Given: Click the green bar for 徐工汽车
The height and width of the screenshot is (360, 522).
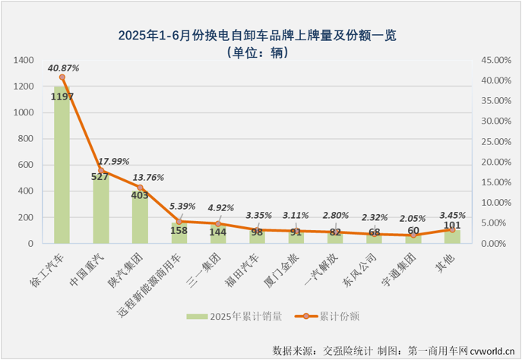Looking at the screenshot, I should pos(62,167).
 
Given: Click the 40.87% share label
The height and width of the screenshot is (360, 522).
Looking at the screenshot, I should pos(63,68).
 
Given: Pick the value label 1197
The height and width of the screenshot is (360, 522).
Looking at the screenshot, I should pos(62,96).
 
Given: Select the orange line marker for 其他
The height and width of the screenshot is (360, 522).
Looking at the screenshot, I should pos(452,229).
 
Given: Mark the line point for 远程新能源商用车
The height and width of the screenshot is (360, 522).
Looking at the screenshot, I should pos(179,222).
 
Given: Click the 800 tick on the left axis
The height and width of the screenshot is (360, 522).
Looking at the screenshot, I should pos(28,139).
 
